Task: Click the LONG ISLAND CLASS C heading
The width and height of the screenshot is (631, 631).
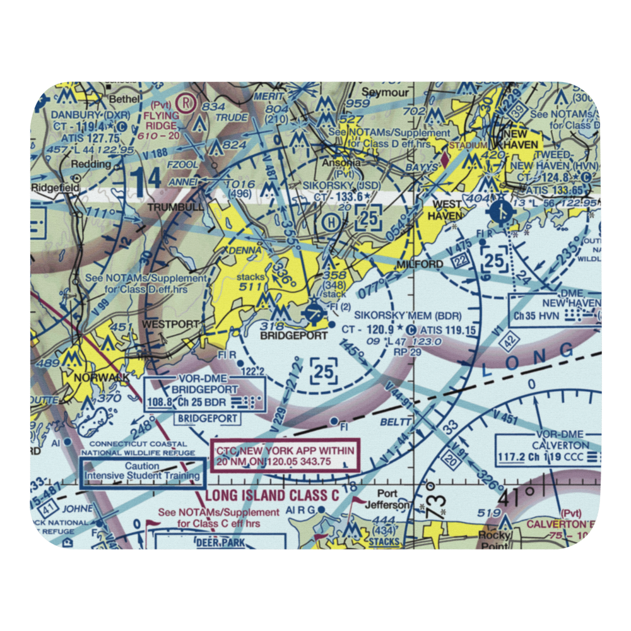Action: (272, 496)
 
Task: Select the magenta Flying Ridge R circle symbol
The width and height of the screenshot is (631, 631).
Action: (186, 101)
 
